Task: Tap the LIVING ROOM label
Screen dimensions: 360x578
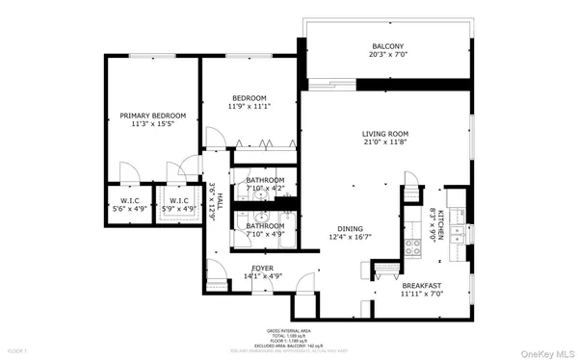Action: point(385,134)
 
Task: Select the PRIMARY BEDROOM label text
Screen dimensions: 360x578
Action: point(152,116)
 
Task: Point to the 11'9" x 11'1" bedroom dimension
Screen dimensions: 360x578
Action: point(249,107)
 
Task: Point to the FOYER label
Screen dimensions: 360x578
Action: point(262,268)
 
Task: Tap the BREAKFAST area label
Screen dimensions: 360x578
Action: point(422,285)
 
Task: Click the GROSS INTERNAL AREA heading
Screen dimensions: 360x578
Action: point(289,329)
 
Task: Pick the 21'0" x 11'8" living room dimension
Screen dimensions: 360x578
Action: point(385,143)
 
